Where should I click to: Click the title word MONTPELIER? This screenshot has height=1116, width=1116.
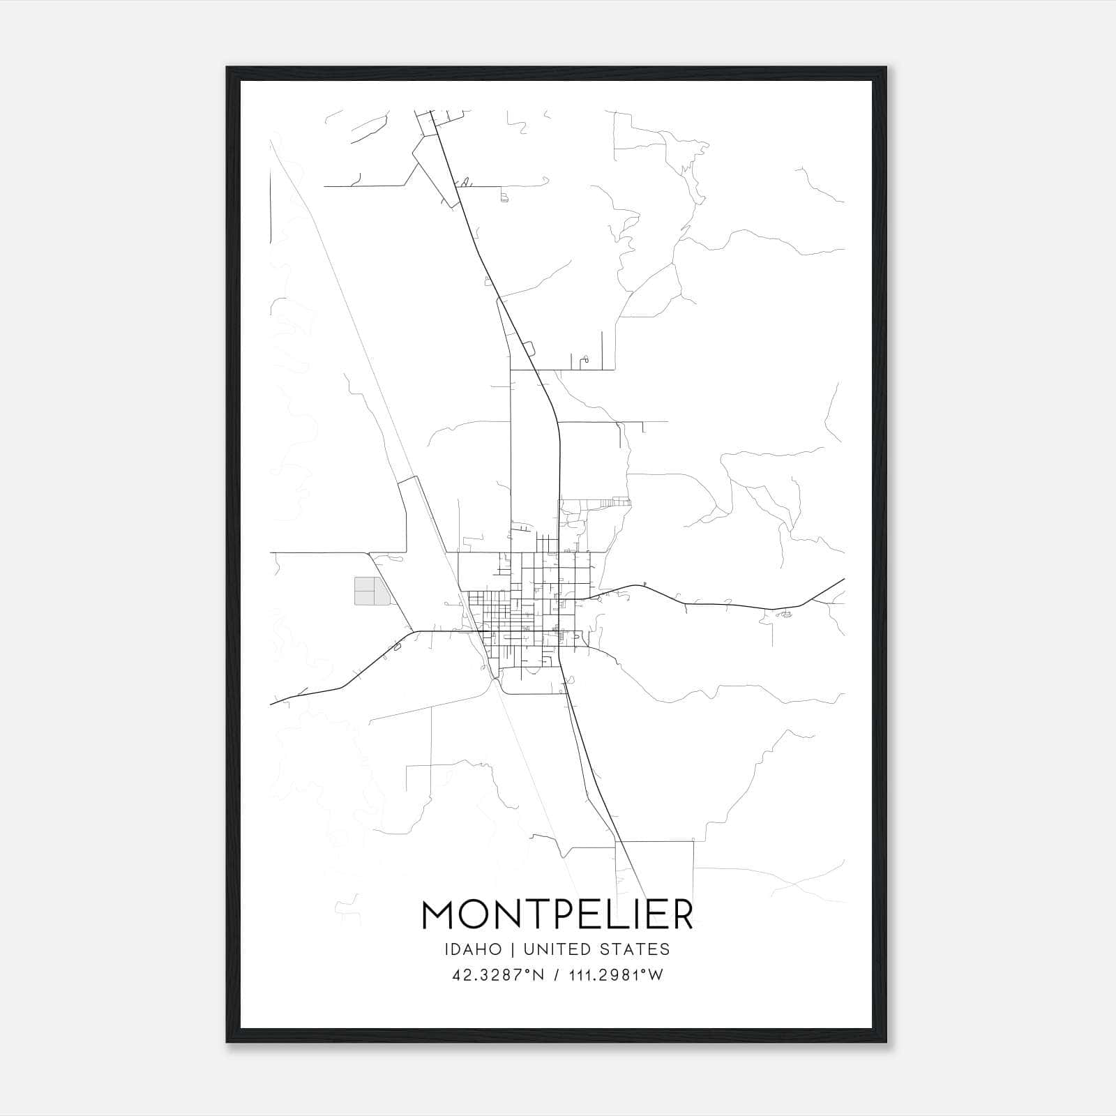pos(557,915)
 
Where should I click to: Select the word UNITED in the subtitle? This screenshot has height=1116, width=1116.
pos(555,949)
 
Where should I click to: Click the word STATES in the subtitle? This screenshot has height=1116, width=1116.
pos(635,949)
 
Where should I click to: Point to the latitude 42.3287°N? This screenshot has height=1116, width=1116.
pos(497,975)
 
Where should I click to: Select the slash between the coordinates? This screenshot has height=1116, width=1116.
pos(555,975)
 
